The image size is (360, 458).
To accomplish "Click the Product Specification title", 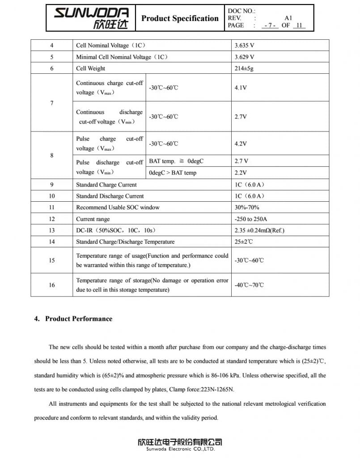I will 180,18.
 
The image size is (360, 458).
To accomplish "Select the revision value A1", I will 288,18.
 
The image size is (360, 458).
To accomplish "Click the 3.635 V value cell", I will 244,46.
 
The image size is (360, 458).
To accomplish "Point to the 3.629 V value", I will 244,57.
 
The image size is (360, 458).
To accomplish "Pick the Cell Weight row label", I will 91,68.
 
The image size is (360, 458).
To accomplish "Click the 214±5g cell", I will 245,68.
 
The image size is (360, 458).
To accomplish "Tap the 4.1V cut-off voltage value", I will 241,88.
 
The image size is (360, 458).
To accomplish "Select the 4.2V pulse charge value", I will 241,144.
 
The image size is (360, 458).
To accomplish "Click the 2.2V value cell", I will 241,173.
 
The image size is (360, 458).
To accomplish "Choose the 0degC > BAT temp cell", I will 173,173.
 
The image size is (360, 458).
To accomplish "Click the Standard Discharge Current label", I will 110,196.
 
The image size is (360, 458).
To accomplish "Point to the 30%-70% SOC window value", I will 247,208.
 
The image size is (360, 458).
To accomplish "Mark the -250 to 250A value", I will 250,219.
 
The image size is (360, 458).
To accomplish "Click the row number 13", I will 52,230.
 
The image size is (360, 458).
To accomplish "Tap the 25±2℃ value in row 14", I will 244,242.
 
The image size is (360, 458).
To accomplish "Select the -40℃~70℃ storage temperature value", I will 249,285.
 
